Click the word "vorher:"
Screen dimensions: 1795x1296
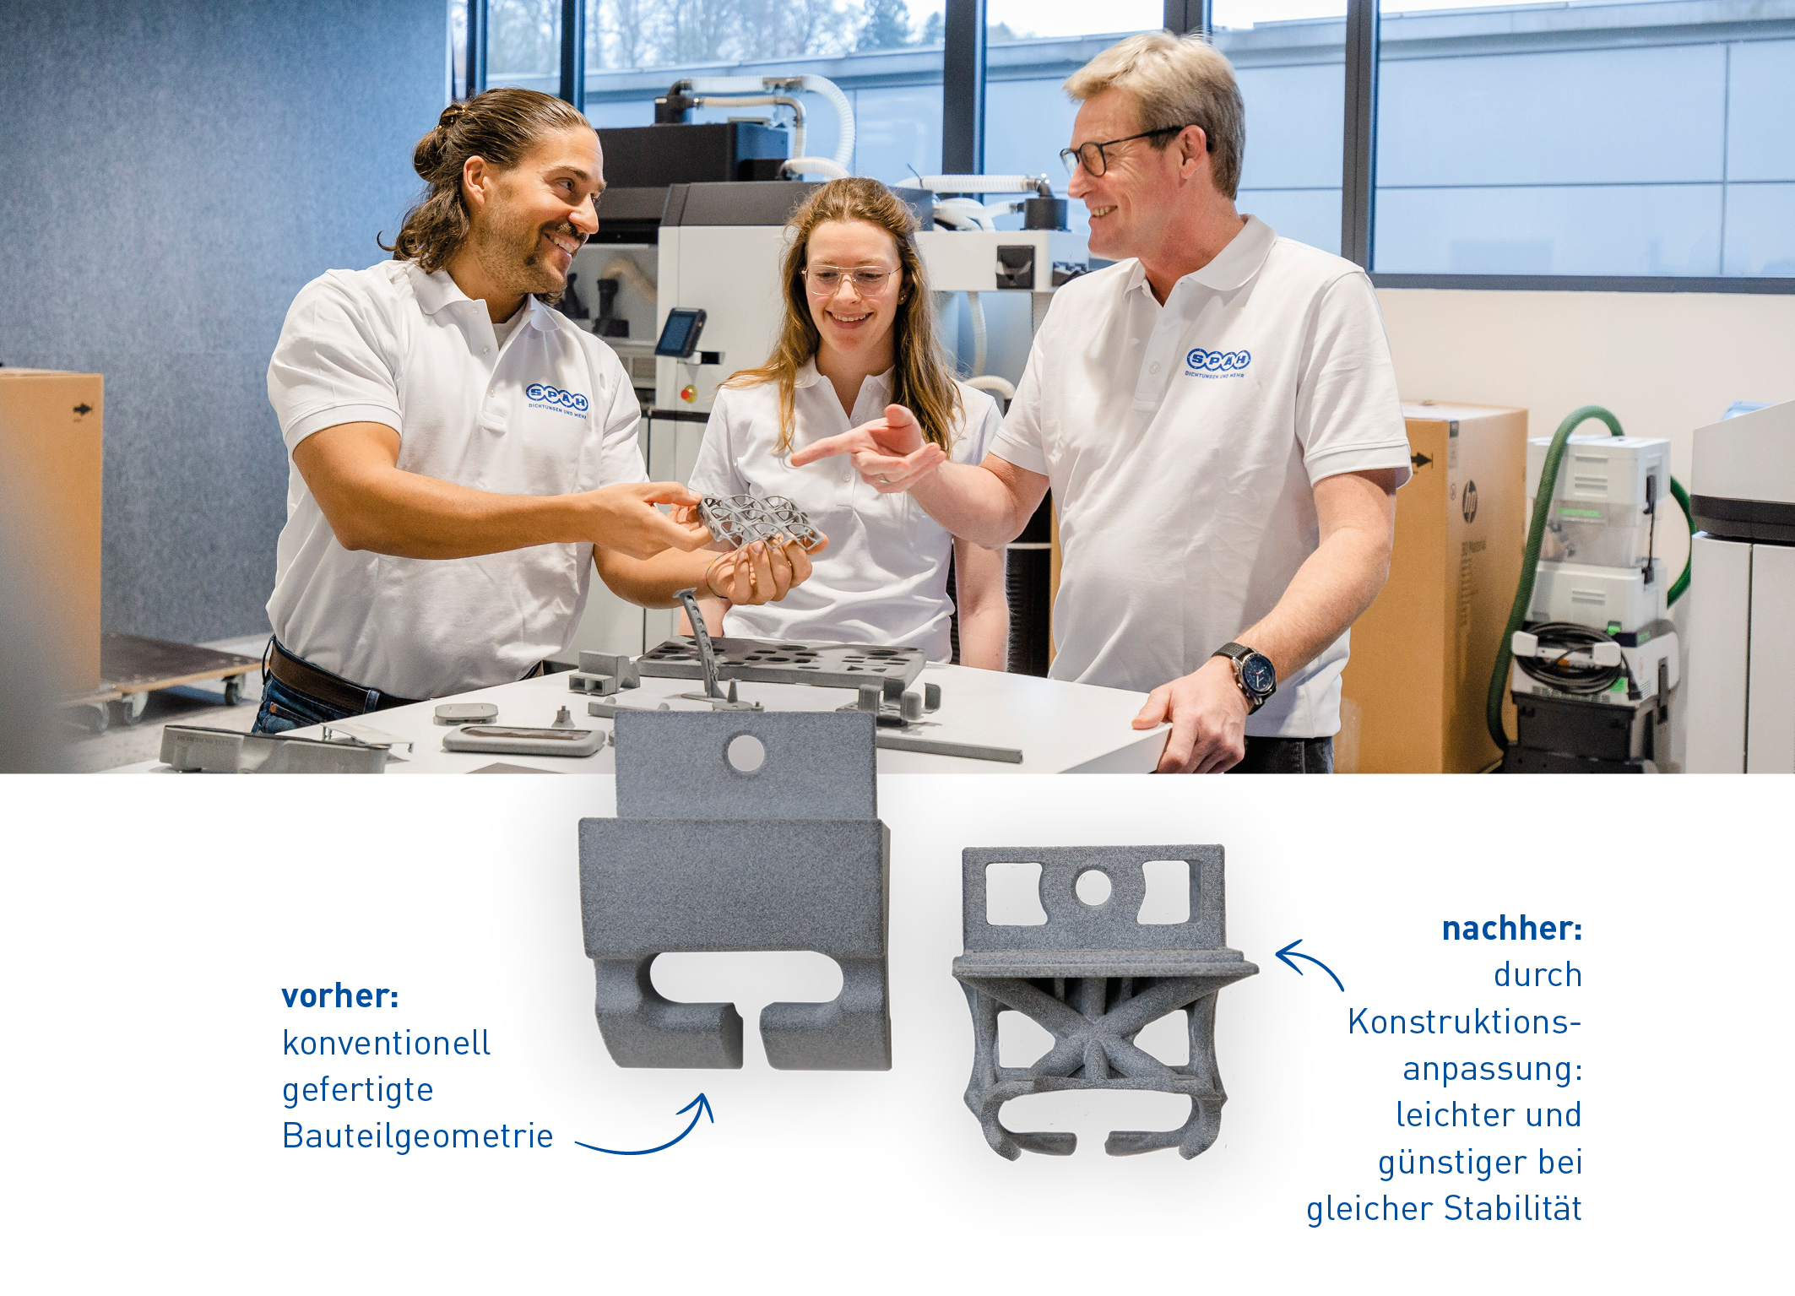click(x=340, y=996)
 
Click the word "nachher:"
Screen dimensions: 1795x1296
click(x=1511, y=929)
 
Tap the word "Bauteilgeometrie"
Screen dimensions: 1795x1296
click(x=418, y=1136)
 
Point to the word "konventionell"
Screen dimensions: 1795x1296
click(x=386, y=1044)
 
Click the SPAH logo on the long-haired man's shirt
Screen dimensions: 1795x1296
click(x=556, y=398)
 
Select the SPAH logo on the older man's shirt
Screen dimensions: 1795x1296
click(x=1217, y=361)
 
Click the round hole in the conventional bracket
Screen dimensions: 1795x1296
click(x=746, y=754)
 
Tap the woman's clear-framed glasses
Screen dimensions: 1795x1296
click(x=850, y=277)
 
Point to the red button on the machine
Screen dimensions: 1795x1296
click(x=689, y=393)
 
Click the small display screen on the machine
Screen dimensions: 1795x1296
click(x=681, y=333)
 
